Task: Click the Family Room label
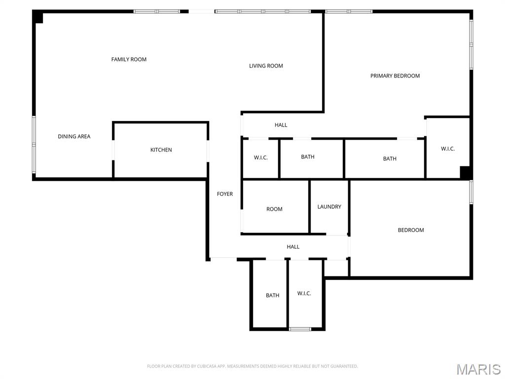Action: coord(129,60)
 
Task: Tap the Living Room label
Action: coord(266,66)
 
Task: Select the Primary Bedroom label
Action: coord(395,76)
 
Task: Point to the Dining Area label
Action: coord(74,137)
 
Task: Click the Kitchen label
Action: coord(161,150)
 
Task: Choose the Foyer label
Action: coord(225,194)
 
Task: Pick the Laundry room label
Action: coord(329,207)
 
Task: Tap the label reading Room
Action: coord(274,209)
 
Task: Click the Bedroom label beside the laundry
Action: coord(411,230)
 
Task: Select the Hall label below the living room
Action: coord(281,125)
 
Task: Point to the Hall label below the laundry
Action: coord(293,247)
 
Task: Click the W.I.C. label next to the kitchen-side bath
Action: coord(260,157)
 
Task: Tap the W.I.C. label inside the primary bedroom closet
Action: coord(448,149)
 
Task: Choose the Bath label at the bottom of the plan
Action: coord(273,296)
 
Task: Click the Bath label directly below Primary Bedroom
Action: coord(390,159)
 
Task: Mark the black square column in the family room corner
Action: coord(38,17)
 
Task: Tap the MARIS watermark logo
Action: coord(478,369)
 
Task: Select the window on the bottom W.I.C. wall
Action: coord(300,329)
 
